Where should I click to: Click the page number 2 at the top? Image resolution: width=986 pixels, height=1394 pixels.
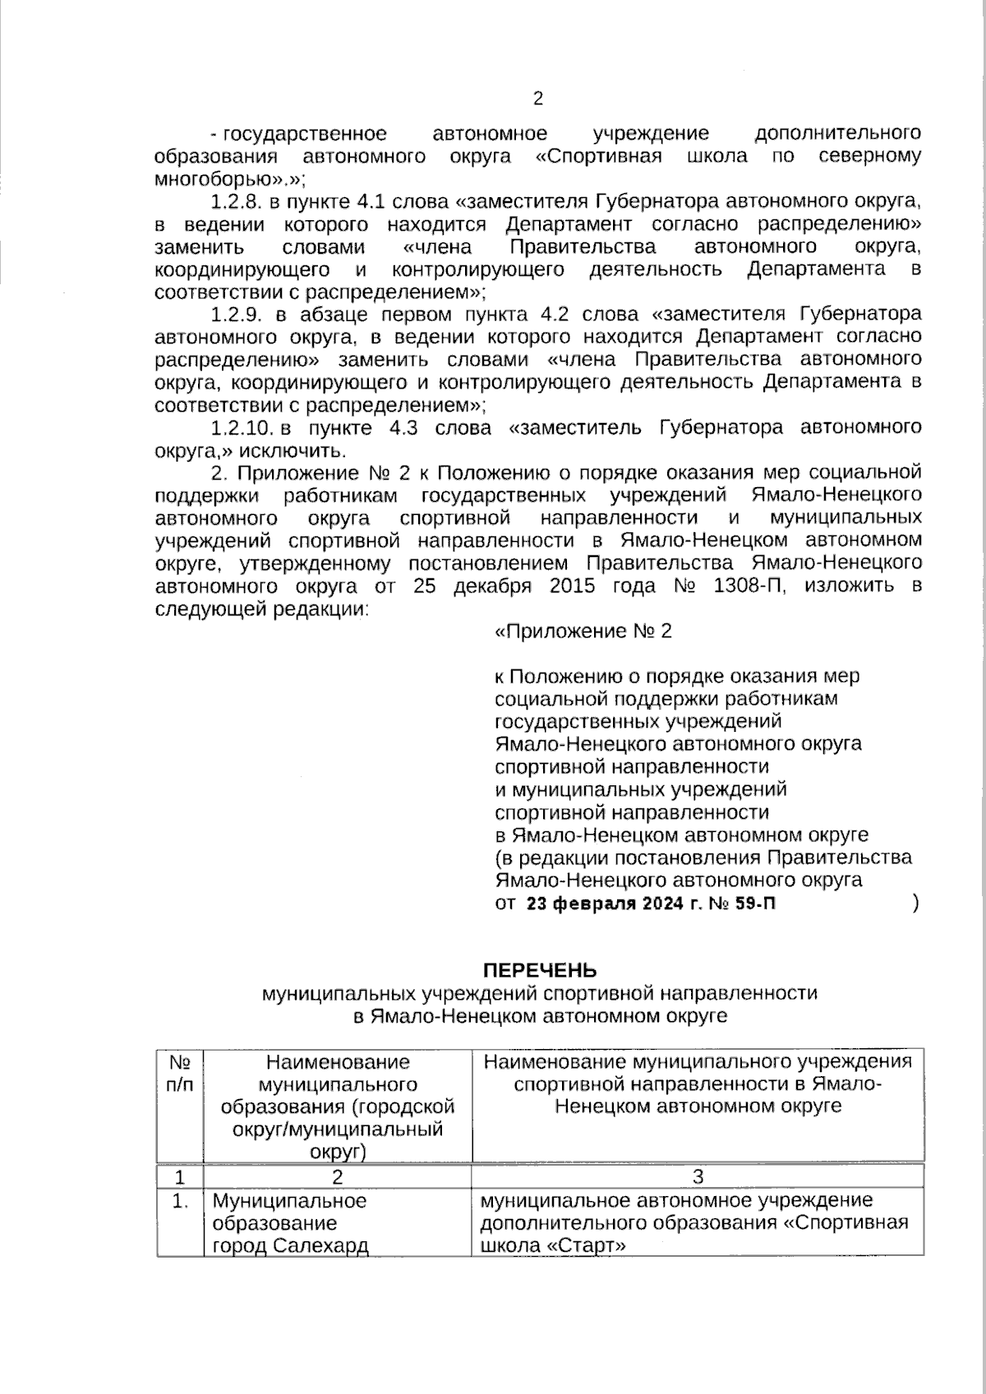[x=538, y=99]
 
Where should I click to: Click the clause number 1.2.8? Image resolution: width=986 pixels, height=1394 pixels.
[x=238, y=202]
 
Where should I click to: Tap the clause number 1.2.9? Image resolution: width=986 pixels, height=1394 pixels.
[x=238, y=315]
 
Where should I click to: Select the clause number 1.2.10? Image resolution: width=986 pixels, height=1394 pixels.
[x=243, y=428]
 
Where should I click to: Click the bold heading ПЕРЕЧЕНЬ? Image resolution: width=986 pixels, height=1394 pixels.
[x=539, y=970]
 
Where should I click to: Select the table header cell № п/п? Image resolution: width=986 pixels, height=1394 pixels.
[x=180, y=1073]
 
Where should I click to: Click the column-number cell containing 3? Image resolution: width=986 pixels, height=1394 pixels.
[x=698, y=1176]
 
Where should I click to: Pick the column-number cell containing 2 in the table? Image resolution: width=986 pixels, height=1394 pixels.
[x=338, y=1176]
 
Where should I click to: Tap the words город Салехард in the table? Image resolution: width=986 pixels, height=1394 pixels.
[x=290, y=1246]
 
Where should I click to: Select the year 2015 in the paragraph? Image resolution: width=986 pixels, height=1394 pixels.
[x=561, y=587]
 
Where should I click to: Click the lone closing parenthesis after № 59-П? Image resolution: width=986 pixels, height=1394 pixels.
[x=915, y=904]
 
